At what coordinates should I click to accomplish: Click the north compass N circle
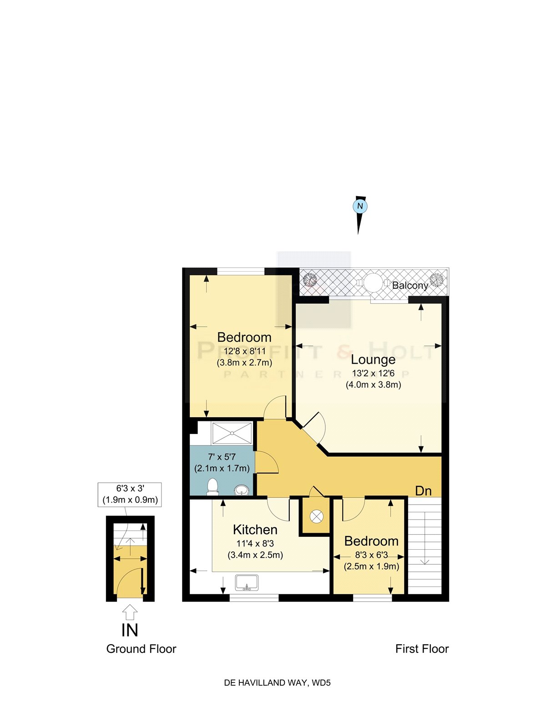(x=360, y=206)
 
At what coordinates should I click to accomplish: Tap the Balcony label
(x=410, y=286)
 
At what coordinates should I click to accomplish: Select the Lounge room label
(x=373, y=359)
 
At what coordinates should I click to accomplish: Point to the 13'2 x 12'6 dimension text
(x=373, y=374)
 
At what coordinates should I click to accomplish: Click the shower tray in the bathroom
(x=232, y=432)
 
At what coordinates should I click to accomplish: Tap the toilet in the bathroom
(x=212, y=487)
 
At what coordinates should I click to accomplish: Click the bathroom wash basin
(x=242, y=490)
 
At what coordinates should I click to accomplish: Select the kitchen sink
(x=247, y=583)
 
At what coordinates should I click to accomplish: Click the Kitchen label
(x=255, y=530)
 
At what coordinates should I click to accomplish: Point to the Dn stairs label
(x=423, y=491)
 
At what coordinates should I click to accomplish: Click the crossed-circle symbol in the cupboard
(x=316, y=516)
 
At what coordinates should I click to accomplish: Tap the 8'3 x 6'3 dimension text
(x=371, y=555)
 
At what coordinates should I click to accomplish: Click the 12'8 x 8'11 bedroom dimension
(x=244, y=351)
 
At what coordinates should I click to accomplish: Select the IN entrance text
(x=130, y=630)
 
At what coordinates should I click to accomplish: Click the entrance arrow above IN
(x=130, y=612)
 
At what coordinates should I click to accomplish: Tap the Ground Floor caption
(x=141, y=649)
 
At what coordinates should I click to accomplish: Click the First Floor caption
(x=422, y=649)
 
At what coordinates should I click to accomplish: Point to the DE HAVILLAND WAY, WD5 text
(x=277, y=682)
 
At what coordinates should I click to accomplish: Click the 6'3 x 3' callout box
(x=130, y=494)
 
